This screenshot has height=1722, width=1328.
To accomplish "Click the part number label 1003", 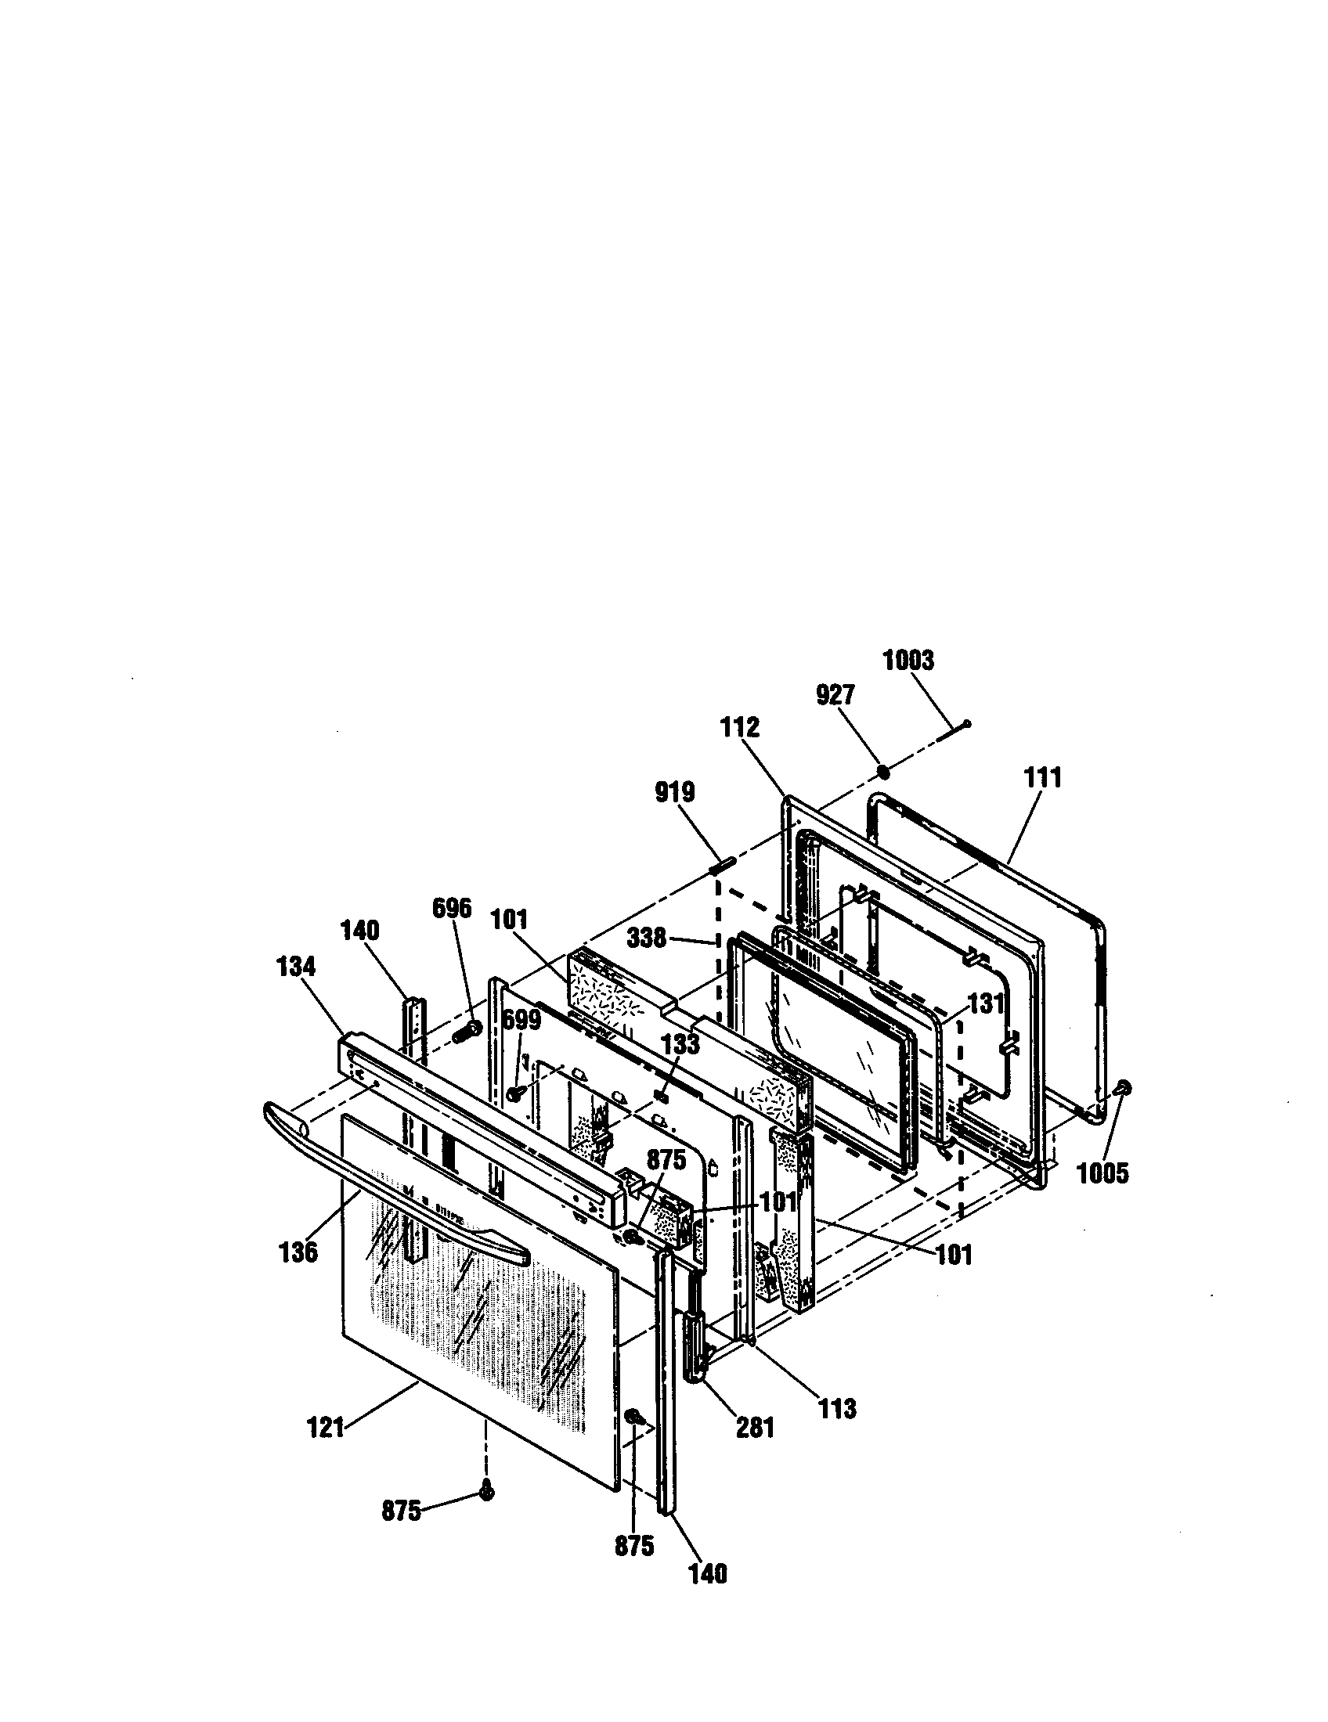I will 908,660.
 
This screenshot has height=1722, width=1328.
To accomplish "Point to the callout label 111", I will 1042,778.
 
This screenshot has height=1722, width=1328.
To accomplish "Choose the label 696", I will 452,908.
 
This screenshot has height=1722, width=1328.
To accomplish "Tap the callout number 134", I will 296,966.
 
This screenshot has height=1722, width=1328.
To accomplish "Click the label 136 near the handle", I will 298,1252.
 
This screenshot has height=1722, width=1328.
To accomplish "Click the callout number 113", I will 837,1408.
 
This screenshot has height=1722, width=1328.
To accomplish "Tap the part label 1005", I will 1103,1195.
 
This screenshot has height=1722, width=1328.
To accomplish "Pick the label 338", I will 647,938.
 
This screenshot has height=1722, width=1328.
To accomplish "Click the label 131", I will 986,1003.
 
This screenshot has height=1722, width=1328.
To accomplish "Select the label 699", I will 521,1019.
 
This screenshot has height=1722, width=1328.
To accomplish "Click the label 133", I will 680,1044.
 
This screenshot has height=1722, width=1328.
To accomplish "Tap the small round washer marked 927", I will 883,770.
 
